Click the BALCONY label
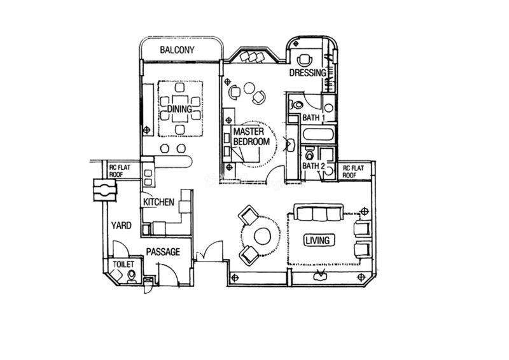(x=177, y=50)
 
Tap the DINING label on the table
(x=179, y=109)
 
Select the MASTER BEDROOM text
(x=251, y=137)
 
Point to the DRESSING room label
(x=307, y=73)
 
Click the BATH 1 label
(x=313, y=118)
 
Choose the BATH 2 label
(x=313, y=166)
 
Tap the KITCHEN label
(x=158, y=202)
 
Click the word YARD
(x=122, y=225)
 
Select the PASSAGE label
(x=163, y=252)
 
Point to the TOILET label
(x=123, y=264)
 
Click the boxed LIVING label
(x=318, y=240)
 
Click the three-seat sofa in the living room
(x=317, y=212)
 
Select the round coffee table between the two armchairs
(x=262, y=237)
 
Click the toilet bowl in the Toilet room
(x=132, y=276)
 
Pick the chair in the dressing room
(x=305, y=59)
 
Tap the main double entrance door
(x=209, y=251)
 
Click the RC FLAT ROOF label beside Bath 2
(x=354, y=171)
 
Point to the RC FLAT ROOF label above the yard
(x=120, y=170)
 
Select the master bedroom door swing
(x=275, y=175)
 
